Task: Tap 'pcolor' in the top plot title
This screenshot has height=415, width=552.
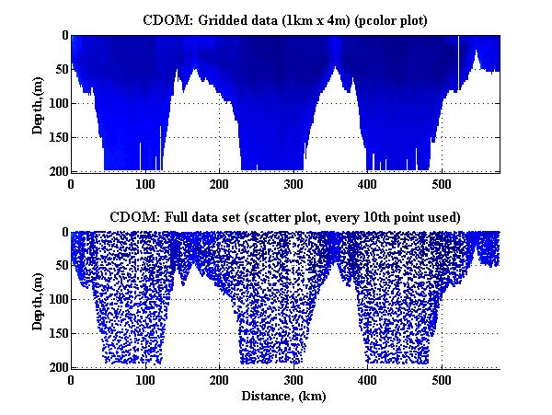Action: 374,21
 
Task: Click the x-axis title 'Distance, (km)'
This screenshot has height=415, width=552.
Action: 283,397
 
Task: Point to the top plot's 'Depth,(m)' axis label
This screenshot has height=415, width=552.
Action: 38,105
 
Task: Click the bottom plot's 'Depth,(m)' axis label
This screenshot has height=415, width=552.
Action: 38,301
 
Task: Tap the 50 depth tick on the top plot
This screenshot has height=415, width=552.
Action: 62,69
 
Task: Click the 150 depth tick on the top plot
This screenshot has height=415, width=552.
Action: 58,137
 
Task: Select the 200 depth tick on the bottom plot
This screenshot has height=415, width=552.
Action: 58,367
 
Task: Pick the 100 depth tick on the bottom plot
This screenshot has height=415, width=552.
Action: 58,299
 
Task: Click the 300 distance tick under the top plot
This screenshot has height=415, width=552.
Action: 293,184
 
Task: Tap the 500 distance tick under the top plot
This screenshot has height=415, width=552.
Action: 442,184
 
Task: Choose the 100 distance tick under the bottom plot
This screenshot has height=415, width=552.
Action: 145,380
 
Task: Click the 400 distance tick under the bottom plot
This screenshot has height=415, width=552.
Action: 367,380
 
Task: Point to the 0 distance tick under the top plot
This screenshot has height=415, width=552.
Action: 71,184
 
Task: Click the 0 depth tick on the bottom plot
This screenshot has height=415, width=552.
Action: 65,232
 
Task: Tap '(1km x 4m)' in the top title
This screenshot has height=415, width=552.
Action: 316,21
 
